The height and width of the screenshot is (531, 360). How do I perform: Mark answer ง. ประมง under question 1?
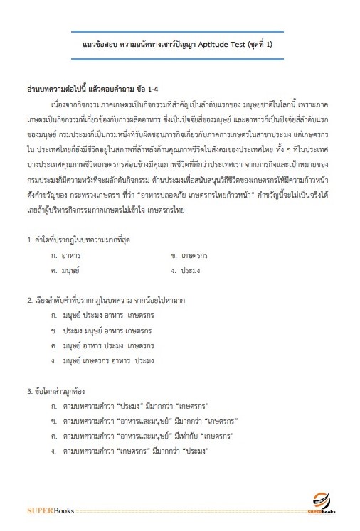[x=186, y=271]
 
